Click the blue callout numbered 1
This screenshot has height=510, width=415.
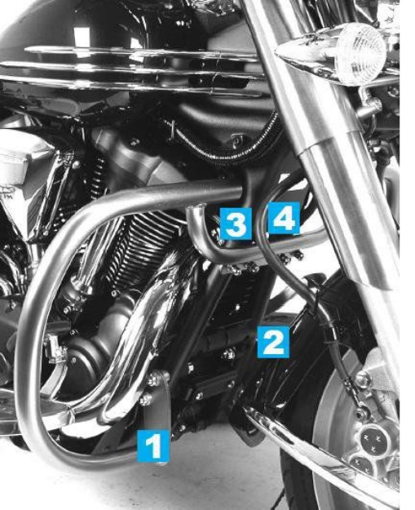pyautogui.click(x=153, y=446)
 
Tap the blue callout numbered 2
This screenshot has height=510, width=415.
pyautogui.click(x=272, y=340)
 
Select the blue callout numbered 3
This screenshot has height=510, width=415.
pyautogui.click(x=235, y=223)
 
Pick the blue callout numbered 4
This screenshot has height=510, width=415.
pyautogui.click(x=283, y=218)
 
